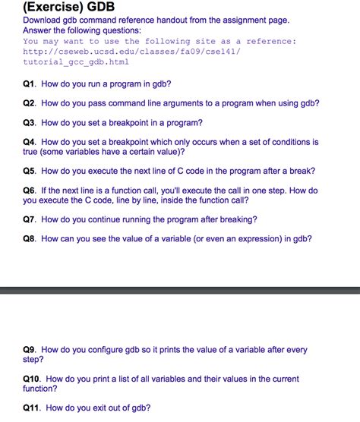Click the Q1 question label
(30, 83)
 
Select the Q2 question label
(30, 102)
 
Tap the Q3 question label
(30, 122)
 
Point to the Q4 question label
(30, 142)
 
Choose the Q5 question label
(30, 171)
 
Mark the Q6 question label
(30, 191)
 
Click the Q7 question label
(30, 219)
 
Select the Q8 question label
(30, 238)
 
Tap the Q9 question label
(30, 350)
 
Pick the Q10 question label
(33, 378)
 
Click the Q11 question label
(33, 408)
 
